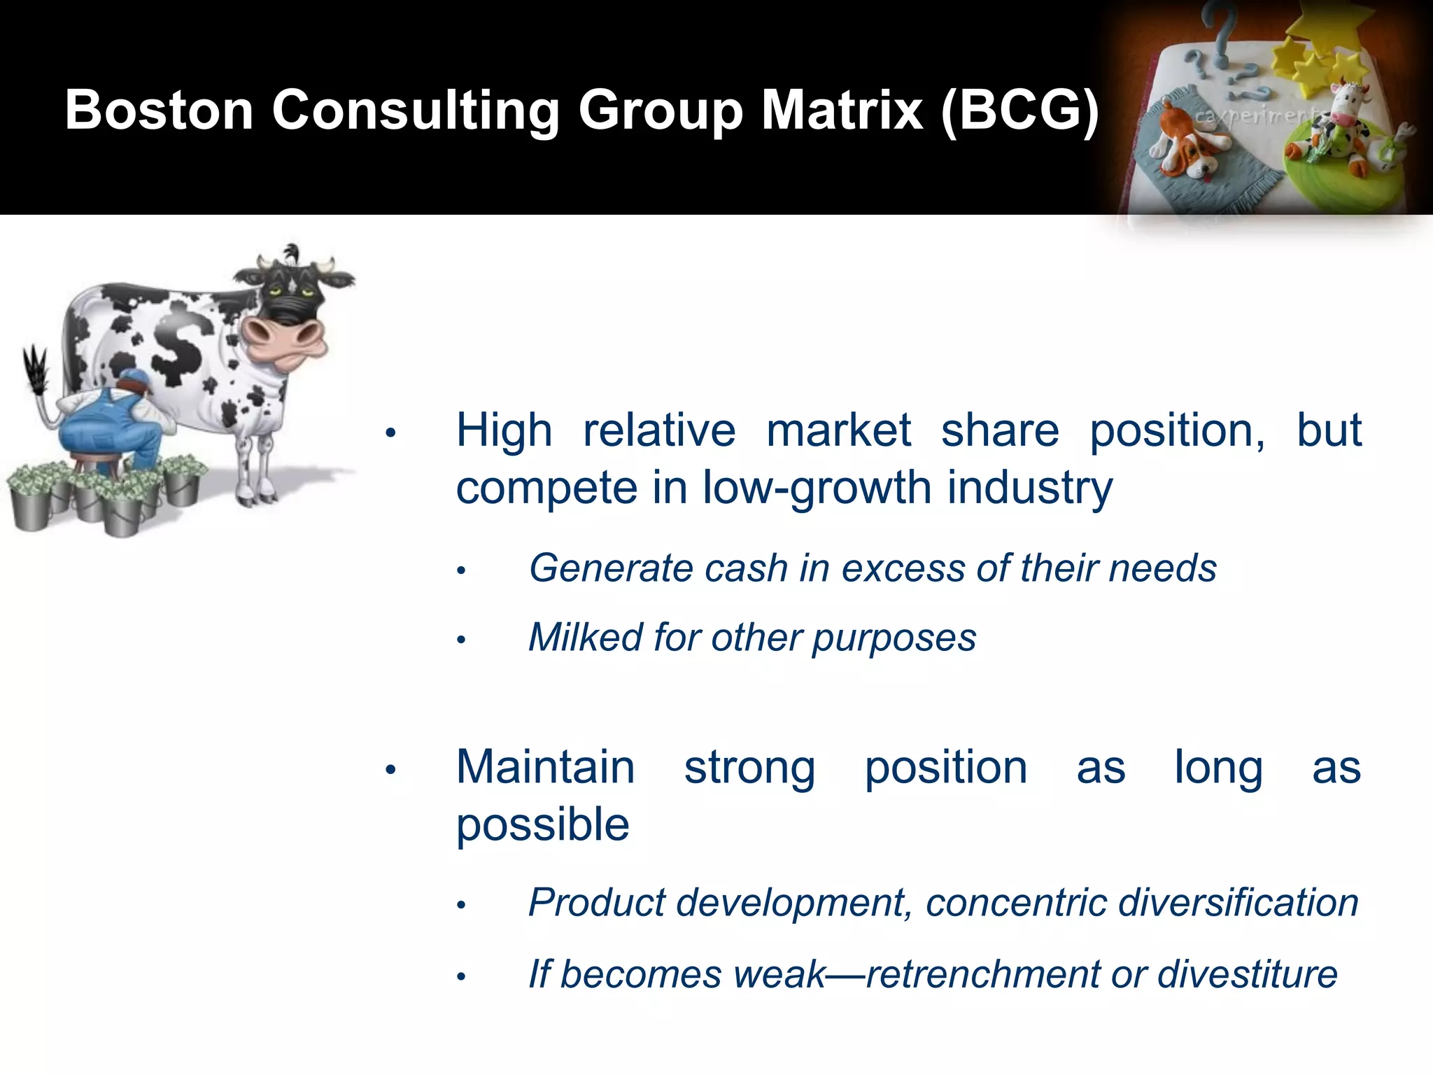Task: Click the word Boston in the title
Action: pyautogui.click(x=159, y=110)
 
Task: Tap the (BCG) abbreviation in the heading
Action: pyautogui.click(x=1019, y=110)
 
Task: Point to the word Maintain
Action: pyautogui.click(x=545, y=768)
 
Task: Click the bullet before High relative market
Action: pyautogui.click(x=391, y=433)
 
